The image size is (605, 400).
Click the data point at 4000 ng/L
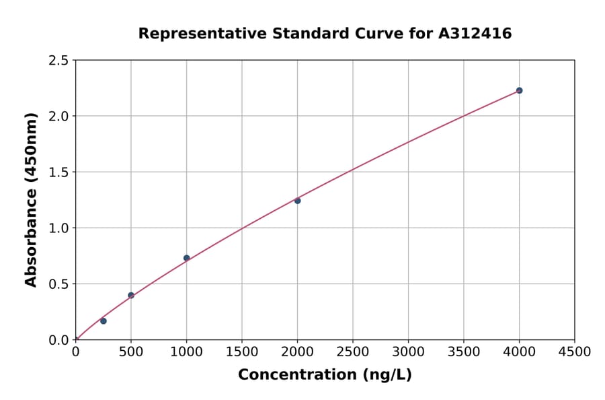click(x=519, y=90)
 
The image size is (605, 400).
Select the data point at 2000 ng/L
click(x=297, y=201)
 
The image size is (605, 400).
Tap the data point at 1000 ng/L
click(x=186, y=258)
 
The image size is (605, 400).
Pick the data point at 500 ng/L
click(x=131, y=295)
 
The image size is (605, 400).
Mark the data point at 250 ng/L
click(x=104, y=321)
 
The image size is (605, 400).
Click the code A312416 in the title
click(x=476, y=33)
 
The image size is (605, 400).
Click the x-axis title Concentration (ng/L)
click(x=325, y=375)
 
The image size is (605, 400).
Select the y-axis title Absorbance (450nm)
click(x=31, y=199)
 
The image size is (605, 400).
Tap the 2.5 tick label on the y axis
click(x=59, y=61)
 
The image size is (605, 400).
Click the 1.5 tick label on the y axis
click(x=59, y=172)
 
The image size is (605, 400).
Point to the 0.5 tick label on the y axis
click(x=59, y=284)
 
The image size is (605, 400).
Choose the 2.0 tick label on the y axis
click(x=59, y=116)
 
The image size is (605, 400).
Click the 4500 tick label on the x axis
click(x=574, y=352)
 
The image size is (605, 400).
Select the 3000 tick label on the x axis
click(x=408, y=352)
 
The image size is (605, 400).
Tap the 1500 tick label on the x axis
click(x=242, y=352)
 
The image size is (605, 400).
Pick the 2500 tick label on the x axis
click(x=353, y=352)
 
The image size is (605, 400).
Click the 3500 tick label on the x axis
click(x=464, y=352)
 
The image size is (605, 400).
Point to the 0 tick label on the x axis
click(x=76, y=352)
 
